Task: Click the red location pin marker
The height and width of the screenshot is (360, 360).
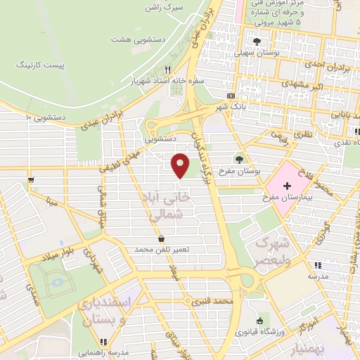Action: (181, 166)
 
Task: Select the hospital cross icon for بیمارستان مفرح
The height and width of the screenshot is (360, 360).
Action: (287, 186)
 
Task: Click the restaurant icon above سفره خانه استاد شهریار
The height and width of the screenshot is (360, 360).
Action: (167, 70)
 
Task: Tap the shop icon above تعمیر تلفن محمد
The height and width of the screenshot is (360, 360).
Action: (162, 239)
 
